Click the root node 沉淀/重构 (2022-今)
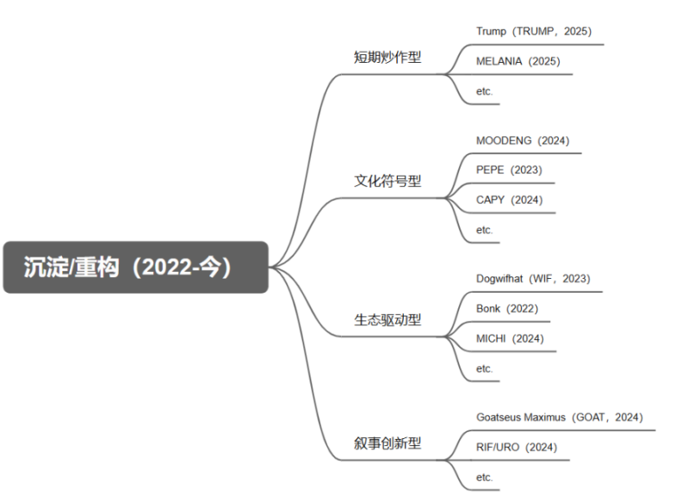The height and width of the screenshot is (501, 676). pos(135,267)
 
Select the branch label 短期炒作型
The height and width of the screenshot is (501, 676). pos(388,57)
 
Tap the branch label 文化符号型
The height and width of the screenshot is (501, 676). pos(388,181)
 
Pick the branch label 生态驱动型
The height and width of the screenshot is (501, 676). pos(388,319)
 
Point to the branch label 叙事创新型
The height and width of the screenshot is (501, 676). pos(388,442)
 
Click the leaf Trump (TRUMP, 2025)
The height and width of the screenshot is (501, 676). pos(534,32)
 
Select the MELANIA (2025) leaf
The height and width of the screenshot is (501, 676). pos(518,61)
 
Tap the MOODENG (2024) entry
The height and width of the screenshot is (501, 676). pos(523,140)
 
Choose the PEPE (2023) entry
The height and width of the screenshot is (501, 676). pos(509,170)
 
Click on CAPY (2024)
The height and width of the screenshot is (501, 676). pos(509,200)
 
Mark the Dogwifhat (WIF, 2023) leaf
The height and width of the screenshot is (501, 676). pos(533,279)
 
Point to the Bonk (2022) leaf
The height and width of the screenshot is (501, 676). pos(507,308)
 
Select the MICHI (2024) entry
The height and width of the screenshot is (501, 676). pos(510,338)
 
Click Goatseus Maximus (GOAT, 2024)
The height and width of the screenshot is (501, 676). pos(559,417)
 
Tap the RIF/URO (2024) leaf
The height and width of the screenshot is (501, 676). pos(517,447)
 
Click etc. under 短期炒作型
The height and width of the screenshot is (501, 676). pos(484,91)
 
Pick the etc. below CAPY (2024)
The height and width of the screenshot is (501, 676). pos(484,230)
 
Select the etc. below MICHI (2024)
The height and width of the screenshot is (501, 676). pos(484,368)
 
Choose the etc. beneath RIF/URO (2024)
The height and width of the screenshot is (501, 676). pos(484,477)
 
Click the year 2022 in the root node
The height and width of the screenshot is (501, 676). pos(167,268)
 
